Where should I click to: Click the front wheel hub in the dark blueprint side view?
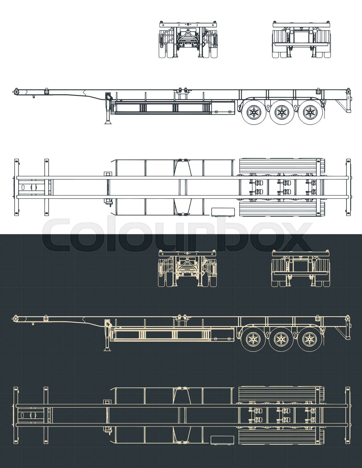252,339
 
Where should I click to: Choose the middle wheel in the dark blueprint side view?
280,339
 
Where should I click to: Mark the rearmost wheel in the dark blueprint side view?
308,339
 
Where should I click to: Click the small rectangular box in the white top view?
223,212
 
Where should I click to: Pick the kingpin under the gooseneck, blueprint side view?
33,323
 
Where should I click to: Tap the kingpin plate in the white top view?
31,187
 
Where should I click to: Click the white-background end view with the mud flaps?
302,39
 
